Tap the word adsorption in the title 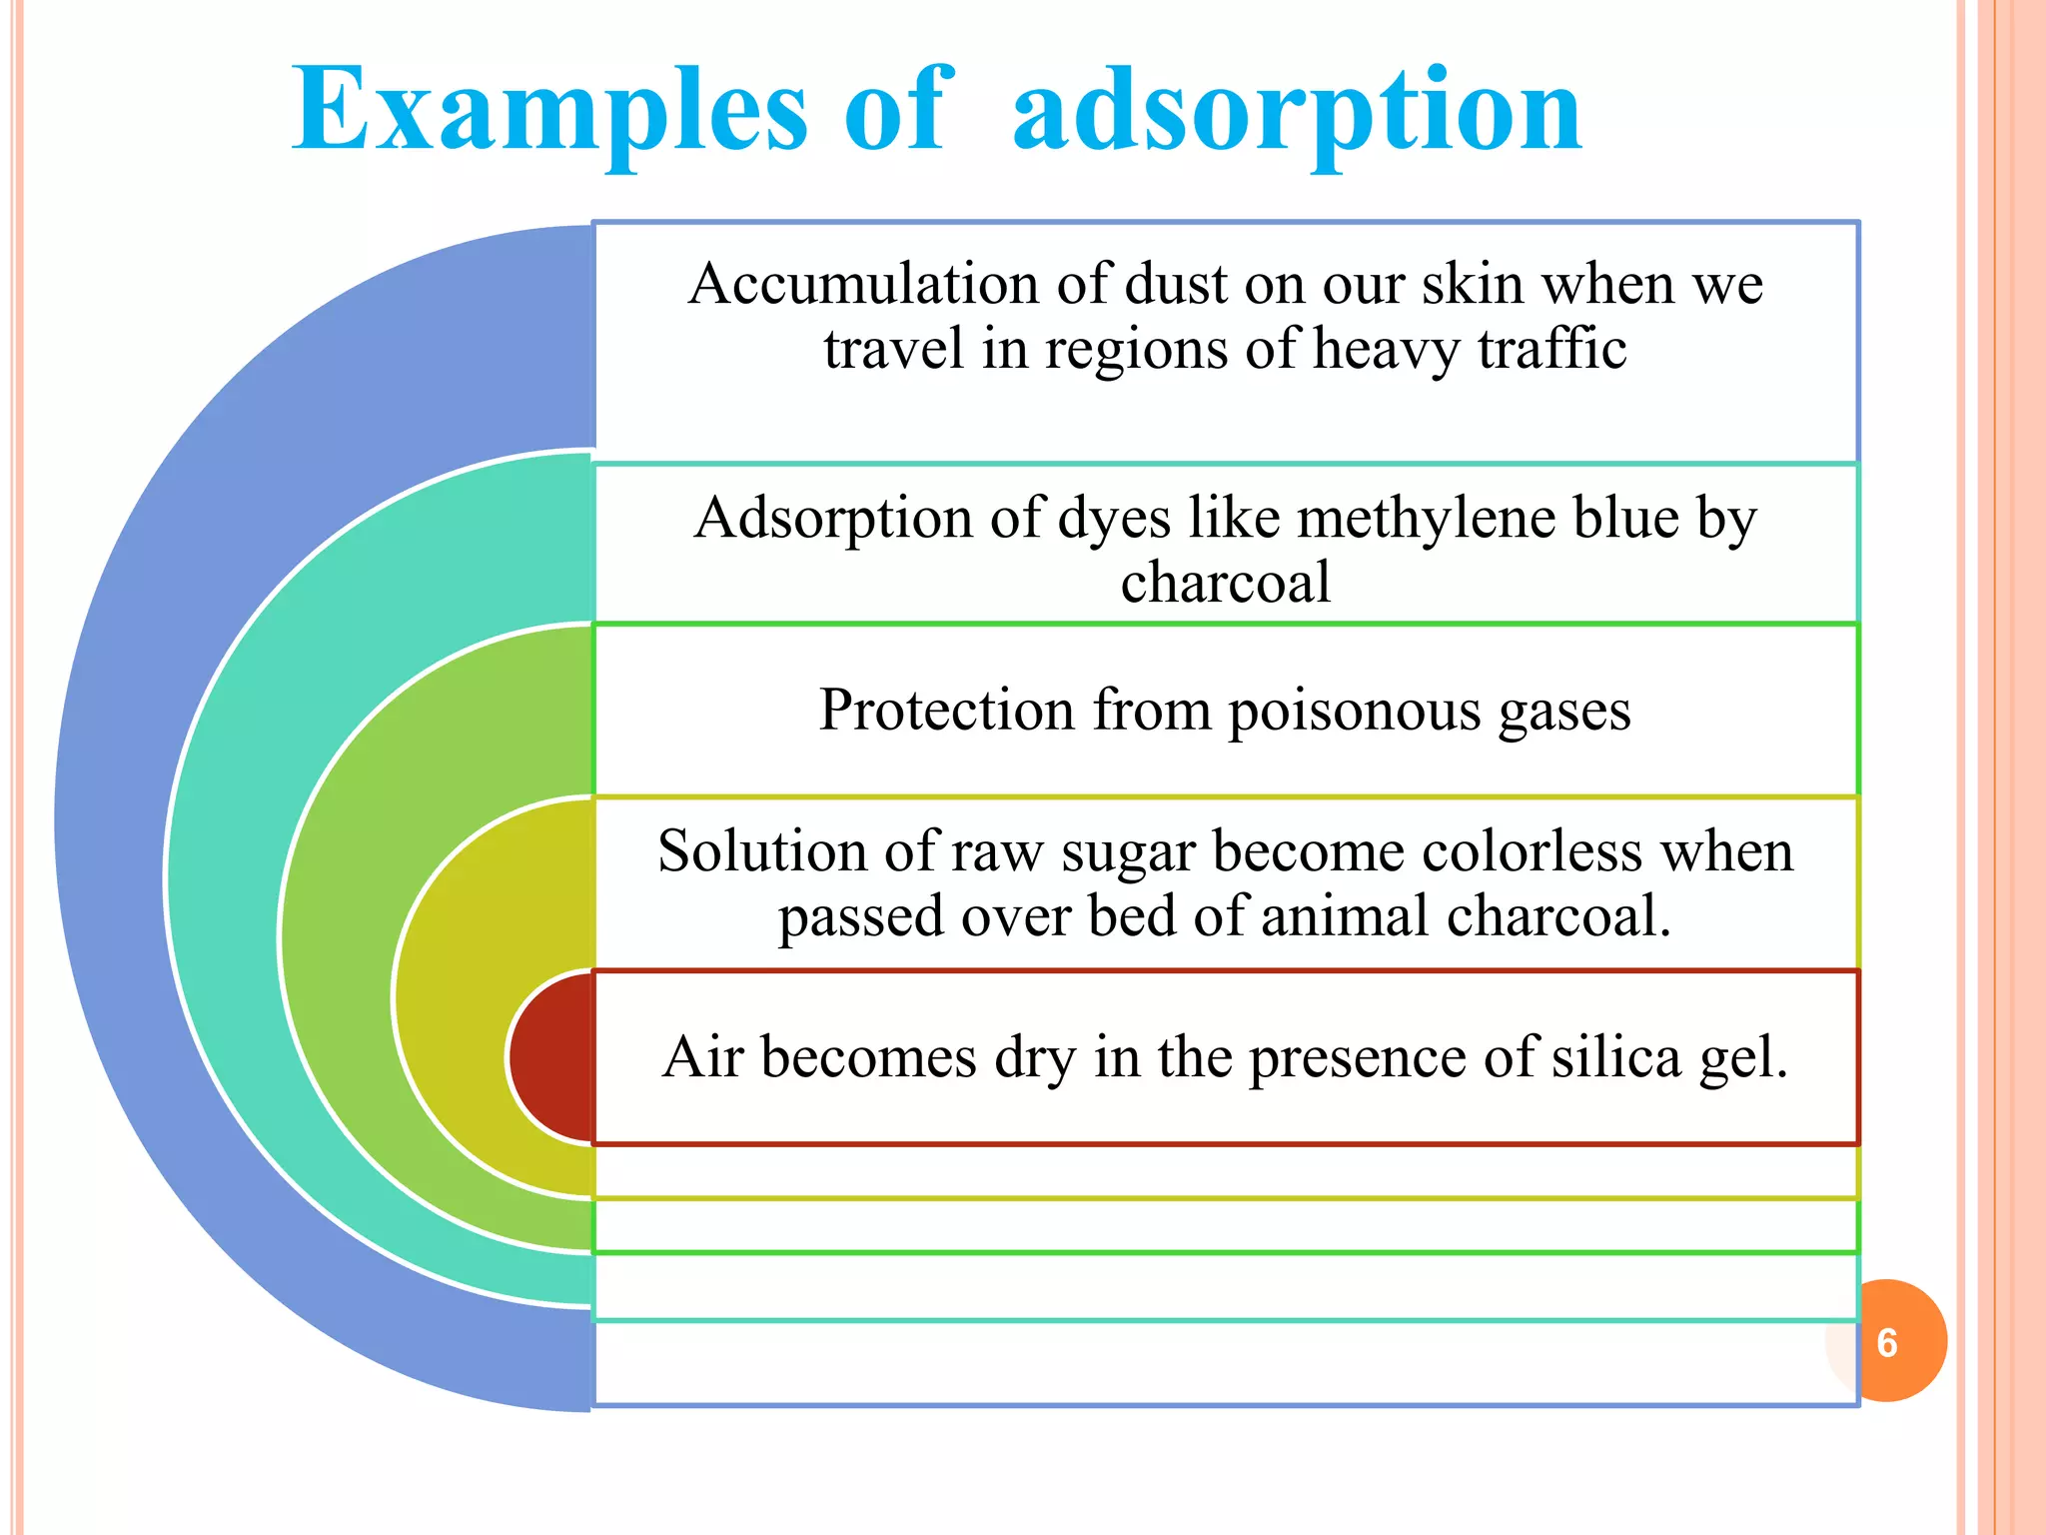1297,110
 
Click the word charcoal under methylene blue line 1225,583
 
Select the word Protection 946,711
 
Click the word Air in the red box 703,1057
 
